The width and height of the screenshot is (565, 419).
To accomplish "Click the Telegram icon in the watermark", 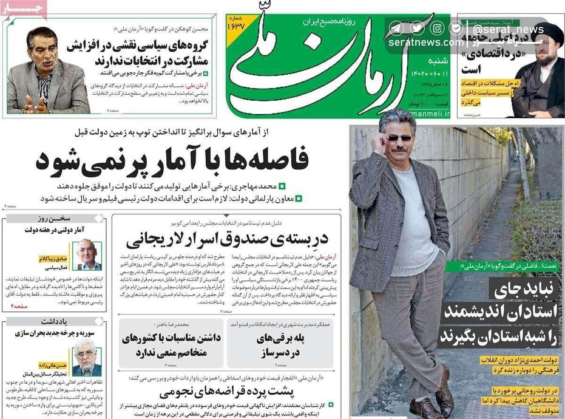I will click(x=397, y=28).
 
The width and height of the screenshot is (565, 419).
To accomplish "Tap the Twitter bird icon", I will click(x=417, y=28).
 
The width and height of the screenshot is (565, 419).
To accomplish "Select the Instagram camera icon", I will click(x=437, y=28).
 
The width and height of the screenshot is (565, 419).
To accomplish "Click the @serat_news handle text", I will click(x=509, y=29).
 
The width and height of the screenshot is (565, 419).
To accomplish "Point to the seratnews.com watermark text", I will click(x=425, y=43).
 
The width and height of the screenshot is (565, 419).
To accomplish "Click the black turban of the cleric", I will click(x=549, y=33).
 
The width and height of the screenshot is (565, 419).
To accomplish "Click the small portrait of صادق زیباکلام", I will click(x=87, y=256).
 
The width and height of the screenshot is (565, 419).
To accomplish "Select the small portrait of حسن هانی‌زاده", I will click(x=87, y=358).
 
